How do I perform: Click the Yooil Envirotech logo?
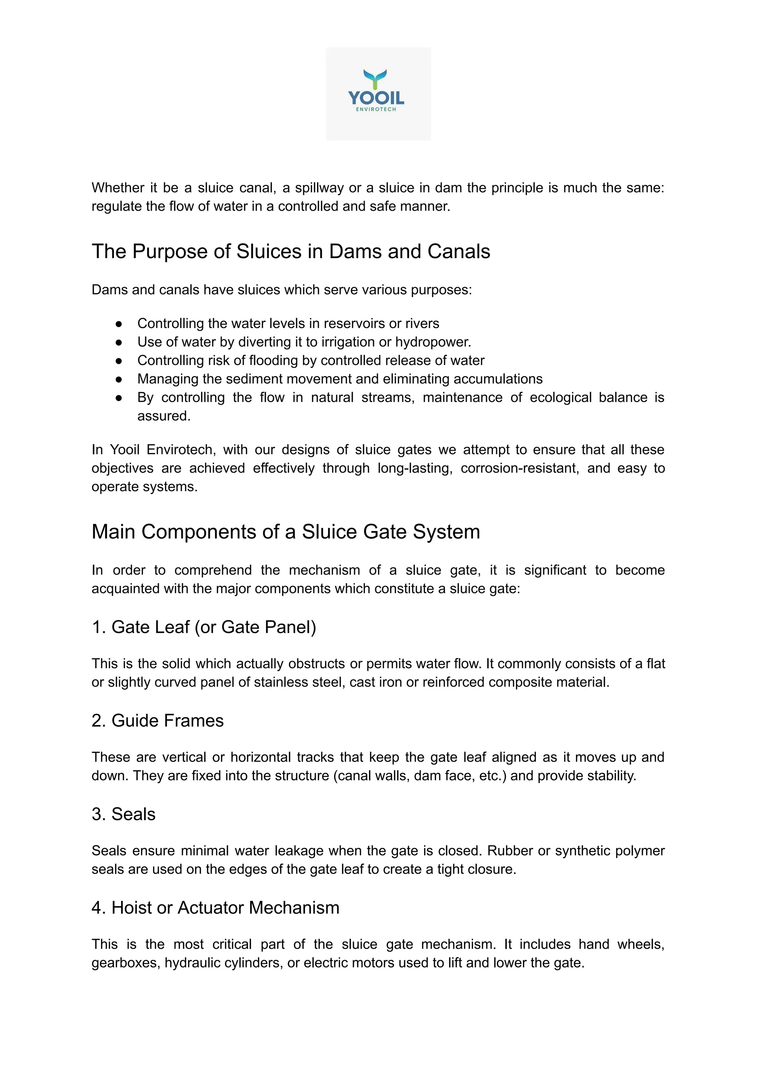point(378,93)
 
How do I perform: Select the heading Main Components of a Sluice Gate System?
point(285,532)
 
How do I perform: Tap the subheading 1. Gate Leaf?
point(204,627)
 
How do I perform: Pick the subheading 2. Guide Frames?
point(157,720)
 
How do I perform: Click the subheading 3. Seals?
point(123,814)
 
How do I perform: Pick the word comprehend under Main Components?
point(213,570)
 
